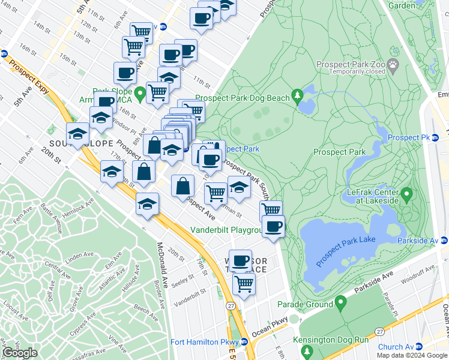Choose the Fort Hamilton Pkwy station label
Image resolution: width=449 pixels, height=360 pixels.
(x=204, y=342)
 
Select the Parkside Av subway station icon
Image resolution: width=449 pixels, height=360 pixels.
(x=445, y=241)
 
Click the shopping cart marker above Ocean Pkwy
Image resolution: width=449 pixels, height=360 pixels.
(x=244, y=284)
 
